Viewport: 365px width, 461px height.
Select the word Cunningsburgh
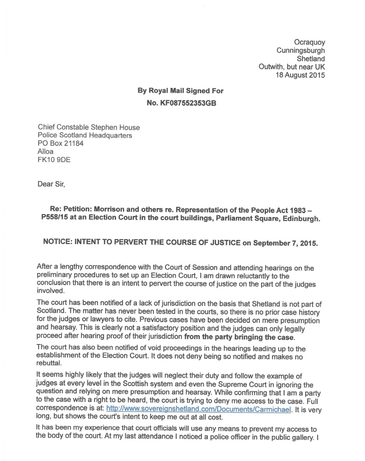tap(301, 51)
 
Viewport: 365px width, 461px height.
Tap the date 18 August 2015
tap(300, 76)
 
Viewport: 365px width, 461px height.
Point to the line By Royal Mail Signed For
tap(181, 91)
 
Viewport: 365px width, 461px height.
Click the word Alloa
tap(46, 152)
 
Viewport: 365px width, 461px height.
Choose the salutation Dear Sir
tap(51, 185)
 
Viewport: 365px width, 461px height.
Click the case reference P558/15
tap(56, 219)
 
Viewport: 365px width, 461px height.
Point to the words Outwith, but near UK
tap(291, 67)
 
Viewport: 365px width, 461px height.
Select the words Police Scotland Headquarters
tap(85, 135)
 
